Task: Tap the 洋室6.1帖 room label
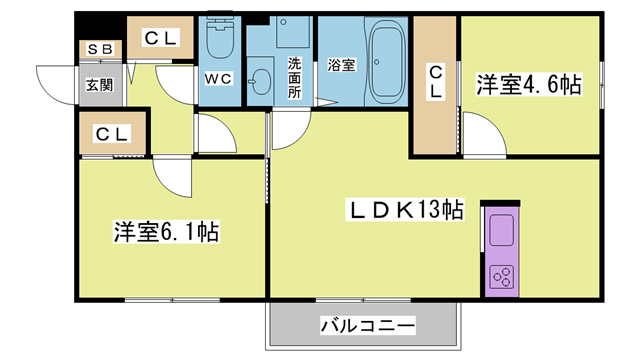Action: click(166, 232)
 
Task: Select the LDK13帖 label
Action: click(403, 211)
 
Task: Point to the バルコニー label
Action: click(367, 326)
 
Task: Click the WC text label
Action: click(219, 77)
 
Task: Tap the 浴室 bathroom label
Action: click(342, 66)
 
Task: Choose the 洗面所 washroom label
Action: click(295, 76)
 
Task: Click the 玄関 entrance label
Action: click(98, 85)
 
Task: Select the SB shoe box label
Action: click(98, 49)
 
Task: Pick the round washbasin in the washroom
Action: click(262, 80)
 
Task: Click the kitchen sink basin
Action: click(499, 228)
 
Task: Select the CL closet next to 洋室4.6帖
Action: click(436, 82)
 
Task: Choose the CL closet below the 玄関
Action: click(113, 133)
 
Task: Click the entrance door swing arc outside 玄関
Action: click(55, 84)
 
